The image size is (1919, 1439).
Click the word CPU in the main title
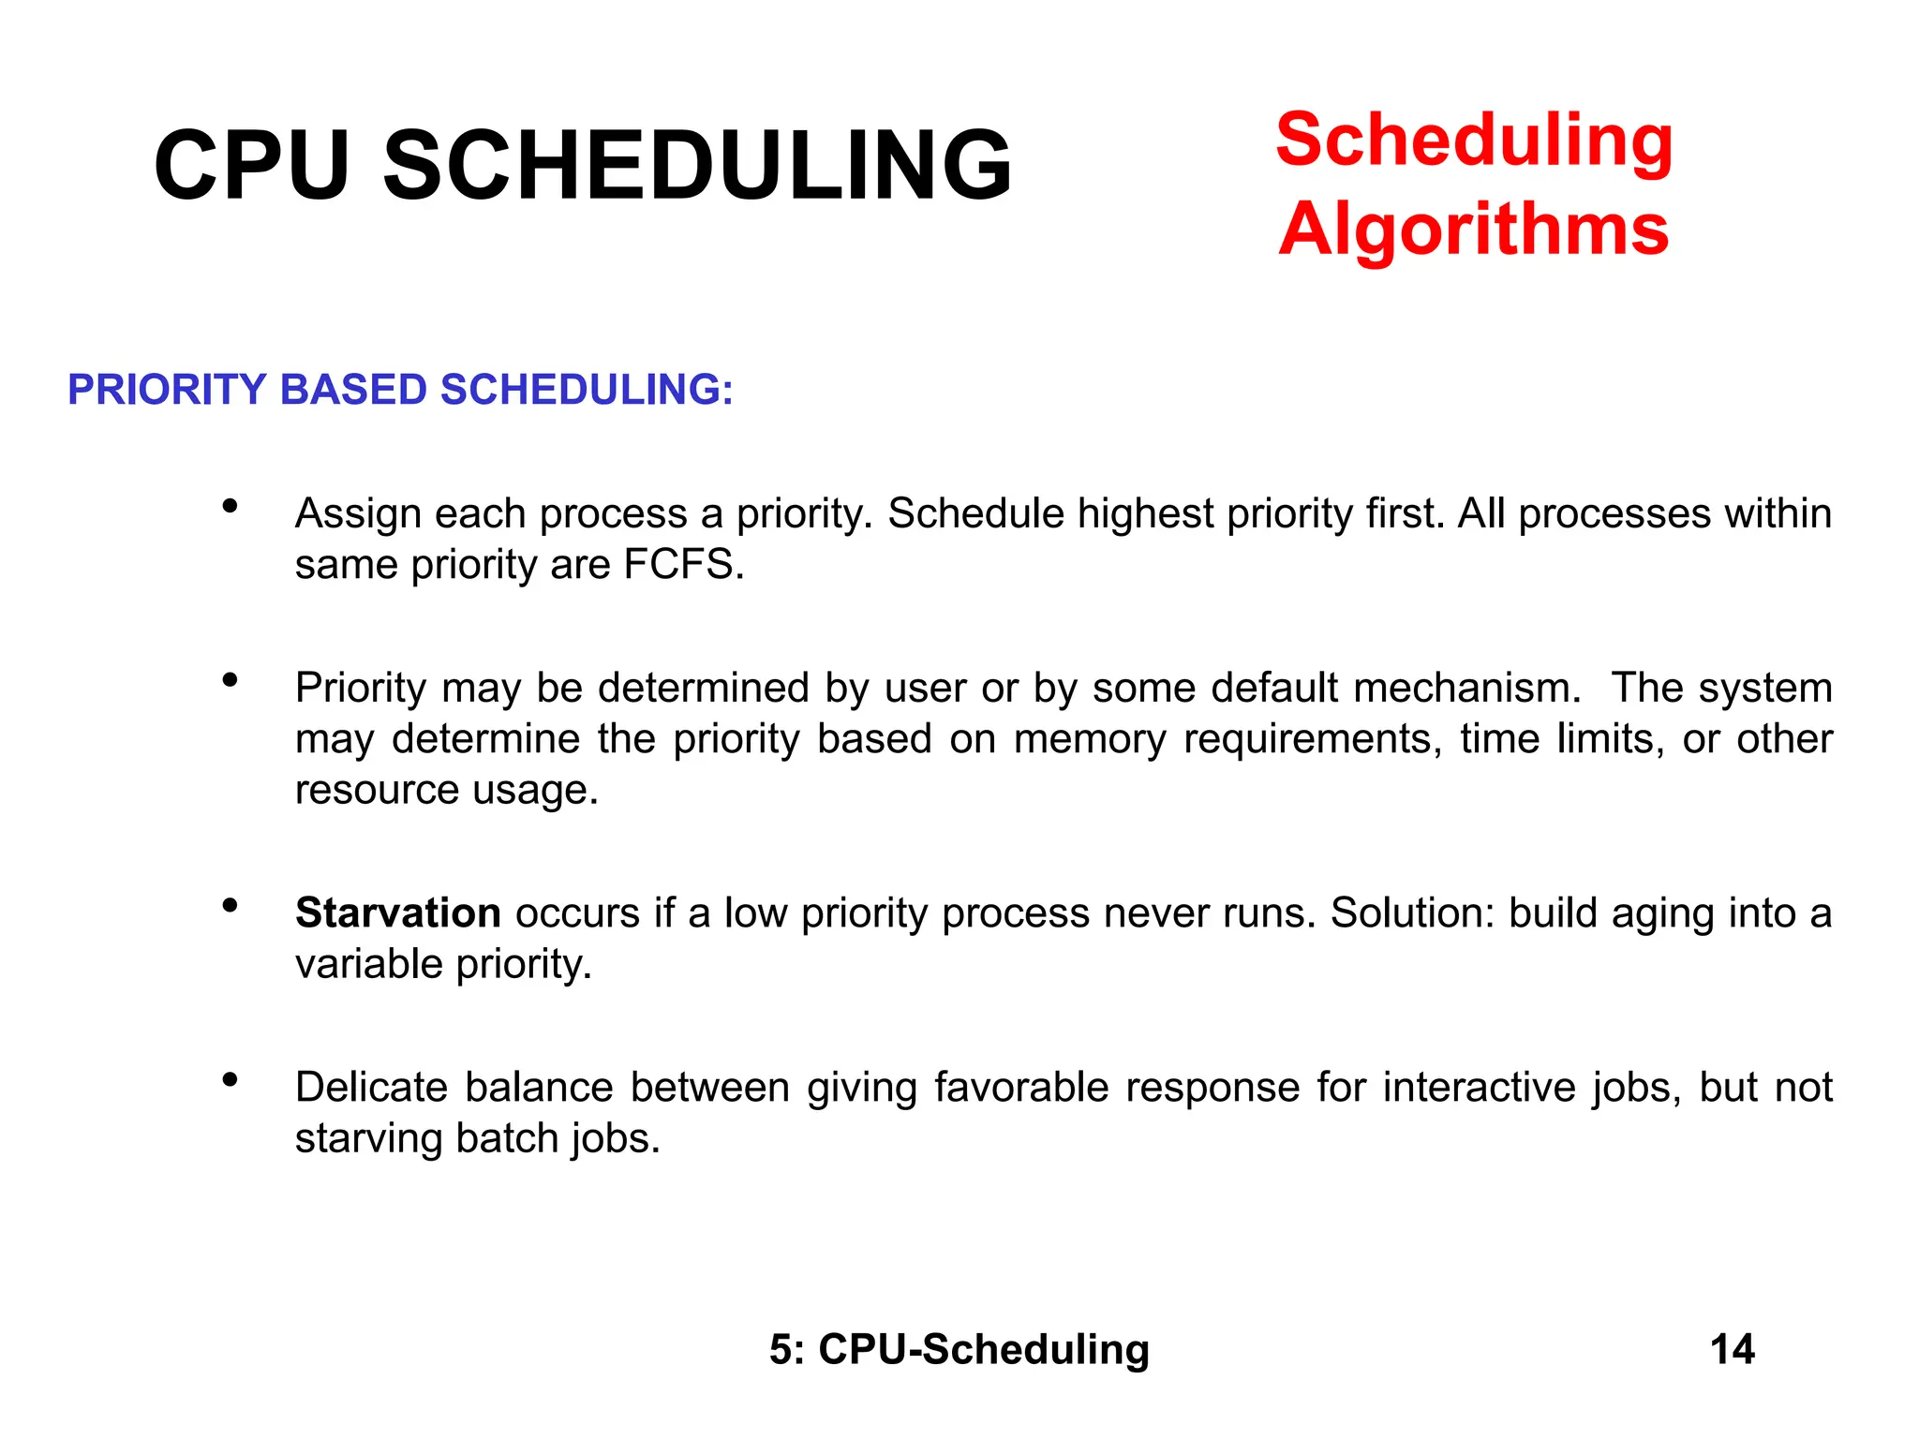point(251,166)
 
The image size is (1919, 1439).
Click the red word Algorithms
point(1473,230)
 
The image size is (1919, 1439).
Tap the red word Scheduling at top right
point(1474,141)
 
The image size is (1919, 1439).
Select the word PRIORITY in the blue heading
point(167,390)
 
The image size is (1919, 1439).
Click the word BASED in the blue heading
point(353,390)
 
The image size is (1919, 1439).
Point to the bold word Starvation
point(397,912)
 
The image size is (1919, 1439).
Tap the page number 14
point(1732,1349)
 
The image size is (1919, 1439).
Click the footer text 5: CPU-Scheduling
point(959,1349)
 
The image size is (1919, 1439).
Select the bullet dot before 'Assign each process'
point(230,507)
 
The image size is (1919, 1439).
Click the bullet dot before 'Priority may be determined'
point(230,680)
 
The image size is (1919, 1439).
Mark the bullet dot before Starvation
point(230,905)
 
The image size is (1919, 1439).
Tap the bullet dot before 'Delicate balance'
point(230,1079)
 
